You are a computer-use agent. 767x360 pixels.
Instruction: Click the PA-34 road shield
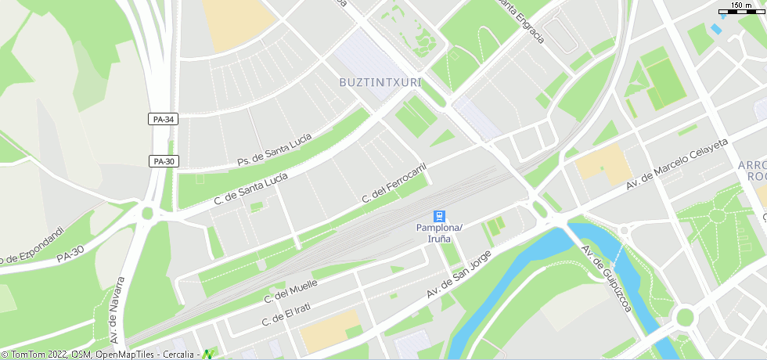[x=164, y=119]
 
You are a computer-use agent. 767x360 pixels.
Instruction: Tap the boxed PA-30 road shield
[x=164, y=161]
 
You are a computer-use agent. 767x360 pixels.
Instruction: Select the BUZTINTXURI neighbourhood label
[x=380, y=82]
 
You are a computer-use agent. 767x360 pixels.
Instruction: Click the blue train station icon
[x=440, y=215]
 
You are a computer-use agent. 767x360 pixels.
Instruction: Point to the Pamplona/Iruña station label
[x=439, y=232]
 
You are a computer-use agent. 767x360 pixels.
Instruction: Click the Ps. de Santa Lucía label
[x=274, y=149]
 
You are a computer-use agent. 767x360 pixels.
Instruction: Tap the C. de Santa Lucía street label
[x=251, y=189]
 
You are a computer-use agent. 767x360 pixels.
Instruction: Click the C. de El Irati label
[x=286, y=314]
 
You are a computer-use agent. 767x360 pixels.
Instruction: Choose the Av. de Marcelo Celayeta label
[x=677, y=164]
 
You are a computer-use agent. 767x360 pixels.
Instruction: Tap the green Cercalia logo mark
[x=208, y=354]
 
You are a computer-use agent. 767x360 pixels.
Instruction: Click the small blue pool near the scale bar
[x=716, y=30]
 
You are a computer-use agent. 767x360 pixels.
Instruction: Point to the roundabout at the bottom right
[x=686, y=317]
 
